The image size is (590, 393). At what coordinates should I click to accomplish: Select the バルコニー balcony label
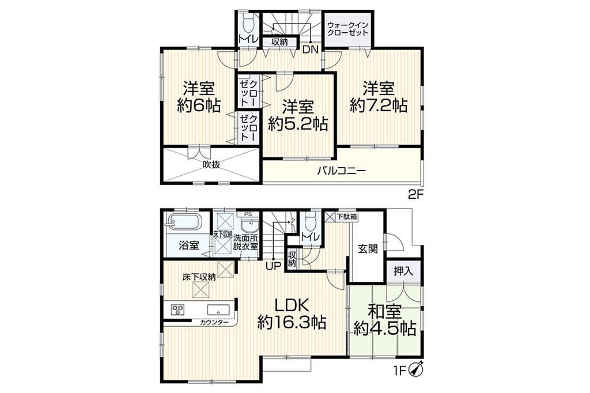(341, 171)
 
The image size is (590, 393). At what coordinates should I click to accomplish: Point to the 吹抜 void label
(211, 164)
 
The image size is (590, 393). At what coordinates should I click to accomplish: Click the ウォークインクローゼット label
(347, 29)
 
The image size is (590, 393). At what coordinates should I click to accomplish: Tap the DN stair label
(311, 49)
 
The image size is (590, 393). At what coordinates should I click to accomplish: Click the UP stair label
(274, 266)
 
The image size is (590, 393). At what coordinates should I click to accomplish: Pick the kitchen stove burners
(177, 309)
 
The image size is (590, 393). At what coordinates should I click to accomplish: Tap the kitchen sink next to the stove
(218, 310)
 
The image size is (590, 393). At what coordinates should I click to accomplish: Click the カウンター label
(214, 322)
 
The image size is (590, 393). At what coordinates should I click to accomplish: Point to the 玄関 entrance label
(367, 248)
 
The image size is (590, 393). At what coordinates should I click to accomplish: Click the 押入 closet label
(403, 271)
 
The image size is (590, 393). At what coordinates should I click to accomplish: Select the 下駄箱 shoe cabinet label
(346, 217)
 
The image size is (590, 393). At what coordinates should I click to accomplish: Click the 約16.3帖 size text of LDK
(292, 323)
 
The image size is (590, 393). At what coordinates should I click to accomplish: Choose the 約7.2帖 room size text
(378, 105)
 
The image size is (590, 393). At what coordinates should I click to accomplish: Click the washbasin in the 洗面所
(249, 226)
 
